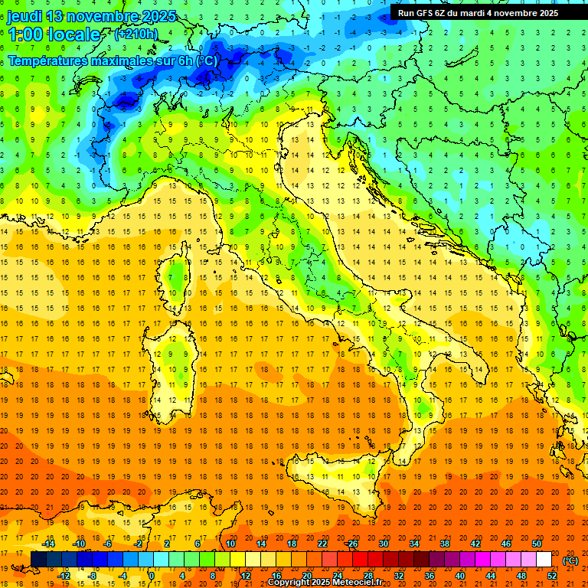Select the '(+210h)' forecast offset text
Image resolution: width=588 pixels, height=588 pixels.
[x=136, y=34]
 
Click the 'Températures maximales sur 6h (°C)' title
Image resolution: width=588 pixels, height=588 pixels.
[x=113, y=60]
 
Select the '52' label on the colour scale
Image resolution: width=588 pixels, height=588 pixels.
[x=552, y=576]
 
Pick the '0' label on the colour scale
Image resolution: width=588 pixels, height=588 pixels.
[x=152, y=576]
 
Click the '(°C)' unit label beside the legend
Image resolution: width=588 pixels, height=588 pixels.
[x=570, y=560]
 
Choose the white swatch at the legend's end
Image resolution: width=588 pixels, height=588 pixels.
[x=544, y=560]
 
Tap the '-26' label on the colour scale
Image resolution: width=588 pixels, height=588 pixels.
[x=351, y=544]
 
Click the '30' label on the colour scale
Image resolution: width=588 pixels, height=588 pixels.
[x=383, y=544]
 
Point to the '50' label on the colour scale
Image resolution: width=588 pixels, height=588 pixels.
[x=537, y=544]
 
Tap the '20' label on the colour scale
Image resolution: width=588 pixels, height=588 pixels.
[x=306, y=576]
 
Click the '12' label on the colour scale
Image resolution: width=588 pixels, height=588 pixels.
[x=245, y=576]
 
